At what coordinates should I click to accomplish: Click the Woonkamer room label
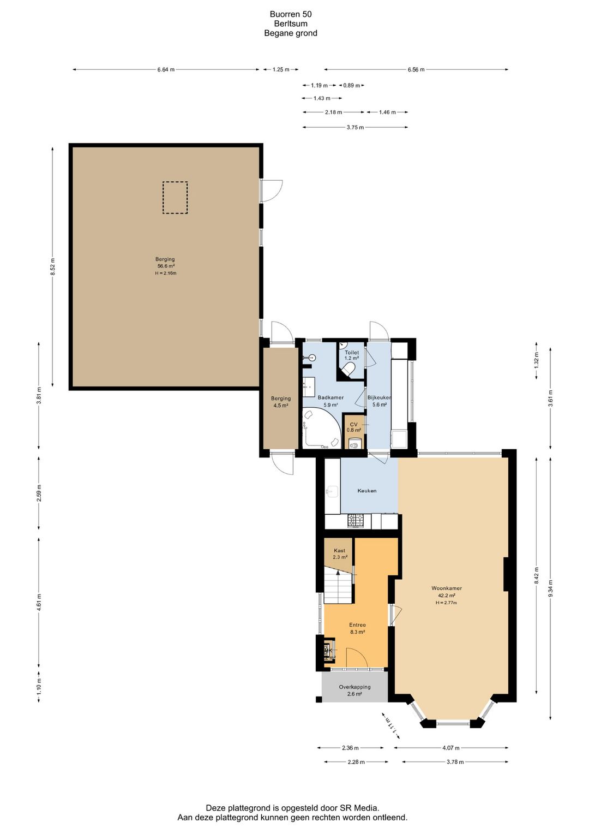446,588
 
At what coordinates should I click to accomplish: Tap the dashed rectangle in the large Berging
175,198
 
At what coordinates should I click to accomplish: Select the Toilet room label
352,352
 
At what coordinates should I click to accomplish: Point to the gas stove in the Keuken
355,521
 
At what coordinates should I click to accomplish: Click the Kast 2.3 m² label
340,554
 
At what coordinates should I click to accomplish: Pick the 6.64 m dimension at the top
166,69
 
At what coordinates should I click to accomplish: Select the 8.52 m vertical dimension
52,266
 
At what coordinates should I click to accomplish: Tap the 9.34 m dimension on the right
550,588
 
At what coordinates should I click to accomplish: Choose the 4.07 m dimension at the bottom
451,747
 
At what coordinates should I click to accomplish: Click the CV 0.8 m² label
354,427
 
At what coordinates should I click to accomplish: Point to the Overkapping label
354,687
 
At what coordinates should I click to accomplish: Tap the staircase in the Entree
338,585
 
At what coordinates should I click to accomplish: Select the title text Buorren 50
291,14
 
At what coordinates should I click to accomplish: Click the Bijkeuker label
379,397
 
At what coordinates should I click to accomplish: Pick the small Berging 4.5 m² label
280,402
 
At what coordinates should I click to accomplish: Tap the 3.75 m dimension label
355,127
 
